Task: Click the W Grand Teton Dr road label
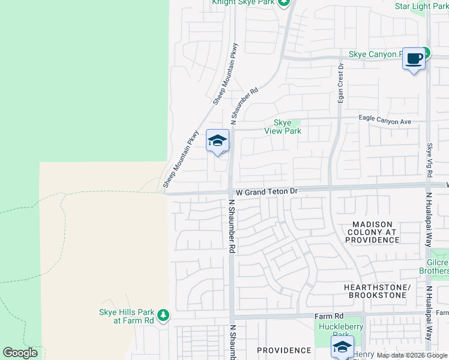[267, 191]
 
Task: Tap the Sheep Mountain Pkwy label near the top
[226, 74]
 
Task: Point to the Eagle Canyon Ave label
[385, 121]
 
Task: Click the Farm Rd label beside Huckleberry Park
[329, 316]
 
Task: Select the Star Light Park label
[421, 7]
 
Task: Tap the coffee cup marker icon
[413, 59]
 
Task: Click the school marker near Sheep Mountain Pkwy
[217, 141]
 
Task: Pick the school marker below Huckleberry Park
[342, 346]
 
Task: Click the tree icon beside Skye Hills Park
[163, 314]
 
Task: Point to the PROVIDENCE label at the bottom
[284, 350]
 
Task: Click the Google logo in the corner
[20, 353]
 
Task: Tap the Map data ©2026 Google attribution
[412, 355]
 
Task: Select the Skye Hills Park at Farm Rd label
[126, 316]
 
